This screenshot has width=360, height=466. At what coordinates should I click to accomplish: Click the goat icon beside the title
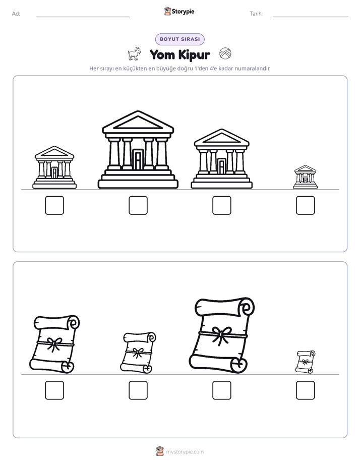coord(134,54)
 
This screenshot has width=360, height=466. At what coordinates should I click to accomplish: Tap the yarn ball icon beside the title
coord(225,53)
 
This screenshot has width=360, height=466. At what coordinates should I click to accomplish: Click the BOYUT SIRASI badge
coord(179,39)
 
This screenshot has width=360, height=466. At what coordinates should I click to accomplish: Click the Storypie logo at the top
coord(179,12)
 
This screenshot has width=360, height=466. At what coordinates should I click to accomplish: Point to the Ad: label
coord(16,14)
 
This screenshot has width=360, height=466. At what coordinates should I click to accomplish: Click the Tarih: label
coord(256,14)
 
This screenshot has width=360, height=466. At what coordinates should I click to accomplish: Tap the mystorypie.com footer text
coord(185,452)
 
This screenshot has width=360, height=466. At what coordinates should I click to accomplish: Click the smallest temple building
coord(306,177)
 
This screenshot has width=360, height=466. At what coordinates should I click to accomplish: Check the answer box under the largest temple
coord(138,205)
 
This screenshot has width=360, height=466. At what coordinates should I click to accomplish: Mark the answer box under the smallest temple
coord(306,205)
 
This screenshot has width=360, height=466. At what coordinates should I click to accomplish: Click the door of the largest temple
coord(138,159)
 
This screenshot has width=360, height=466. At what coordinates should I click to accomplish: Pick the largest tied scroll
coord(222,335)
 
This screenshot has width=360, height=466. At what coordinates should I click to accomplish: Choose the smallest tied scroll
coord(306,362)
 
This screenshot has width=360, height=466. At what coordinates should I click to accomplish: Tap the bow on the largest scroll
coord(221,335)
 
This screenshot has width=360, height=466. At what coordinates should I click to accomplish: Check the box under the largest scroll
coord(222,390)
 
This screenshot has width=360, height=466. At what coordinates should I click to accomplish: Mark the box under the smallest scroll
coord(306,390)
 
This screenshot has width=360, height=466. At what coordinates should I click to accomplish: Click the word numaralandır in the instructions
coord(253,69)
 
